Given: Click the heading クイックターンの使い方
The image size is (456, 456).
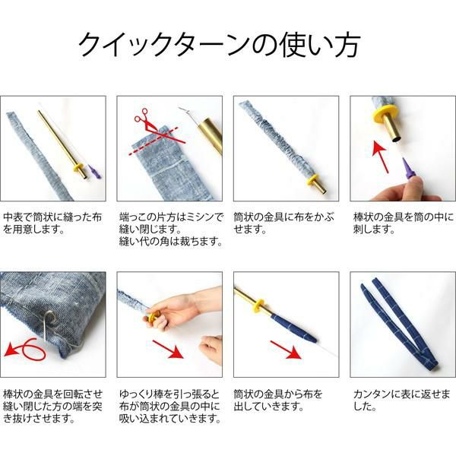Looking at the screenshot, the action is (x=220, y=45).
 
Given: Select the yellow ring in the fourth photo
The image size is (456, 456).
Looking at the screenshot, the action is (x=385, y=114).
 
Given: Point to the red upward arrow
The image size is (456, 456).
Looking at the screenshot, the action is (x=381, y=157).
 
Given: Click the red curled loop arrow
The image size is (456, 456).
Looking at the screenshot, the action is (x=26, y=350).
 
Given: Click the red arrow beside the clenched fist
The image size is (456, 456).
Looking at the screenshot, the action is (x=168, y=350).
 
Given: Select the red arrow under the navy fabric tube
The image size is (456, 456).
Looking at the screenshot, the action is (x=286, y=350).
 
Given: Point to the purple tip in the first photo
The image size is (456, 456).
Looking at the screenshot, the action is (x=94, y=172).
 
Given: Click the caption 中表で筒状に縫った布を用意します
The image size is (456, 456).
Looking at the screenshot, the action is (x=52, y=223).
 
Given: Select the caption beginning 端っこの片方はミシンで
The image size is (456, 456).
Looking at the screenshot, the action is (x=171, y=230).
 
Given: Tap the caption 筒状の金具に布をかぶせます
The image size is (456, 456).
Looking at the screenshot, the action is (x=283, y=223).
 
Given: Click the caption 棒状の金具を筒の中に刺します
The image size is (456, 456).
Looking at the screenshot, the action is (x=404, y=223).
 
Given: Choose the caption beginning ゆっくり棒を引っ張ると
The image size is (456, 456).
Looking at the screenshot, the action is (x=170, y=407).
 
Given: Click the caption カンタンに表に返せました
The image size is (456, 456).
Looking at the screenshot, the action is (x=401, y=401).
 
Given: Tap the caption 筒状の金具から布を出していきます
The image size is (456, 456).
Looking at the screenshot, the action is (x=278, y=401).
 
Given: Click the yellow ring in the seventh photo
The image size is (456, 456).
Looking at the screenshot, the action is (x=258, y=306).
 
